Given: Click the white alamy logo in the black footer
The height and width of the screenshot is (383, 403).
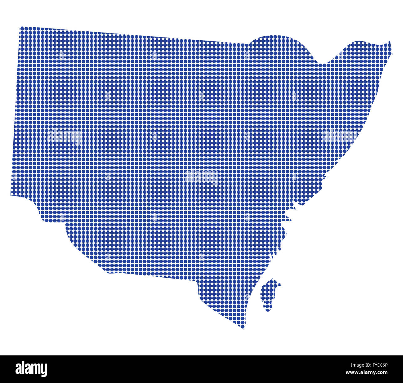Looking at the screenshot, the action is pyautogui.click(x=31, y=369).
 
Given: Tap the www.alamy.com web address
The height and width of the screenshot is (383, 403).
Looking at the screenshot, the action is pyautogui.click(x=366, y=372).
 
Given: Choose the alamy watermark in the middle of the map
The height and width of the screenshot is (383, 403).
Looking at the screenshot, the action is pyautogui.click(x=201, y=177).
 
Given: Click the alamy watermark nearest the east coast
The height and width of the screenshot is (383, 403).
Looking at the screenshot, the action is pyautogui.click(x=340, y=136).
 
